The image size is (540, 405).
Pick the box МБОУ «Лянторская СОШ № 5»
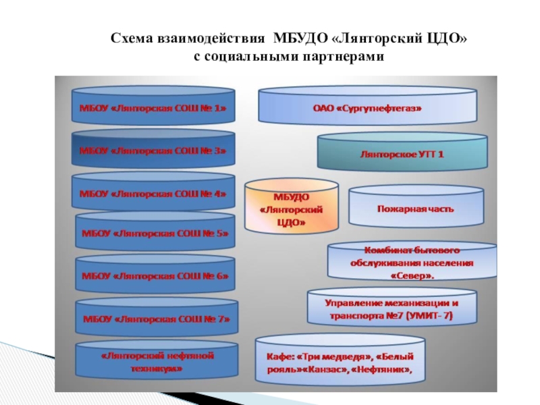pyautogui.click(x=156, y=234)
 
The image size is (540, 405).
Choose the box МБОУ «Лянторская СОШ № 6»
pyautogui.click(x=156, y=276)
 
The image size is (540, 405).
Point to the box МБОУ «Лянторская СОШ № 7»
pyautogui.click(x=156, y=318)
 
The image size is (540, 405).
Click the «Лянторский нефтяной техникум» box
pyautogui.click(x=156, y=361)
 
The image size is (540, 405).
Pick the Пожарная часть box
pyautogui.click(x=416, y=209)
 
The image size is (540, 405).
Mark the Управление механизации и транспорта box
pyautogui.click(x=391, y=309)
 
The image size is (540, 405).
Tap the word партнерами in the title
pyautogui.click(x=345, y=58)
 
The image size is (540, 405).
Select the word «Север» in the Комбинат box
pyautogui.click(x=411, y=275)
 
